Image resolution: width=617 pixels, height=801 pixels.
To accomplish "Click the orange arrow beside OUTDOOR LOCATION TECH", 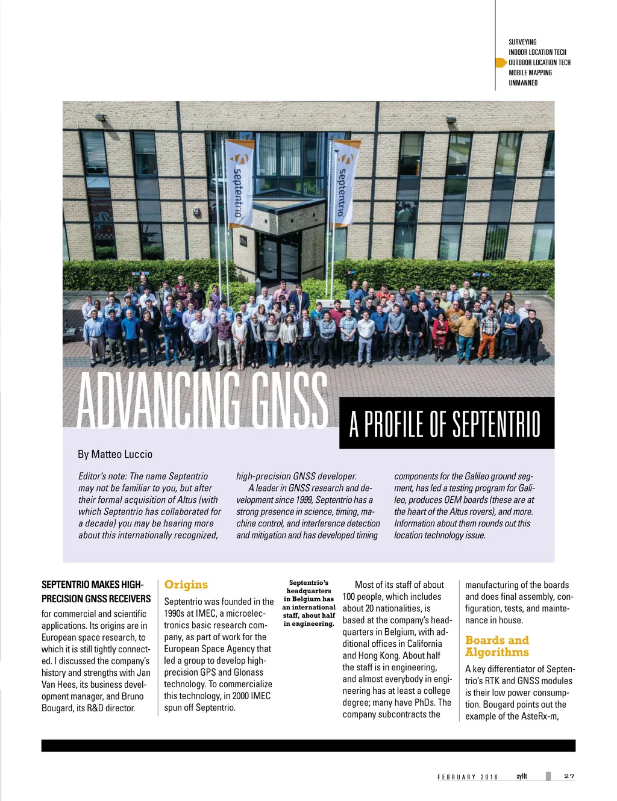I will click(501, 62).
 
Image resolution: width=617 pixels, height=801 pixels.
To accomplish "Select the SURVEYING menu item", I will click(522, 42).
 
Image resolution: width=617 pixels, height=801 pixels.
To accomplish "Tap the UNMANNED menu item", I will click(523, 83).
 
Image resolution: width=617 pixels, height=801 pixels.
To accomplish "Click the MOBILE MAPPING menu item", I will click(530, 72).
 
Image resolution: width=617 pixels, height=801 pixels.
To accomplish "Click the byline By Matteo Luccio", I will click(115, 454).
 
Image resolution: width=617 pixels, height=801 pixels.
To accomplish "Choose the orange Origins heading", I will click(186, 584).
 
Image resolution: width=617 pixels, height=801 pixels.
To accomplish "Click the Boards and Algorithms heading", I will click(497, 646).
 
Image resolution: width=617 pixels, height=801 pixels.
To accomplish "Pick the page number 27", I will click(569, 776).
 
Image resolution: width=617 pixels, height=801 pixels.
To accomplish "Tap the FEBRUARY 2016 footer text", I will click(468, 777).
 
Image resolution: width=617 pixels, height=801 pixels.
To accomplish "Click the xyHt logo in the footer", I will click(522, 776).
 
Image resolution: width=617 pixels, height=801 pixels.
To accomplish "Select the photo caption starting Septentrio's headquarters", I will click(308, 603).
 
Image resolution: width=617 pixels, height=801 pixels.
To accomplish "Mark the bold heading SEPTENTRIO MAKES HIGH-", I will click(92, 584).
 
